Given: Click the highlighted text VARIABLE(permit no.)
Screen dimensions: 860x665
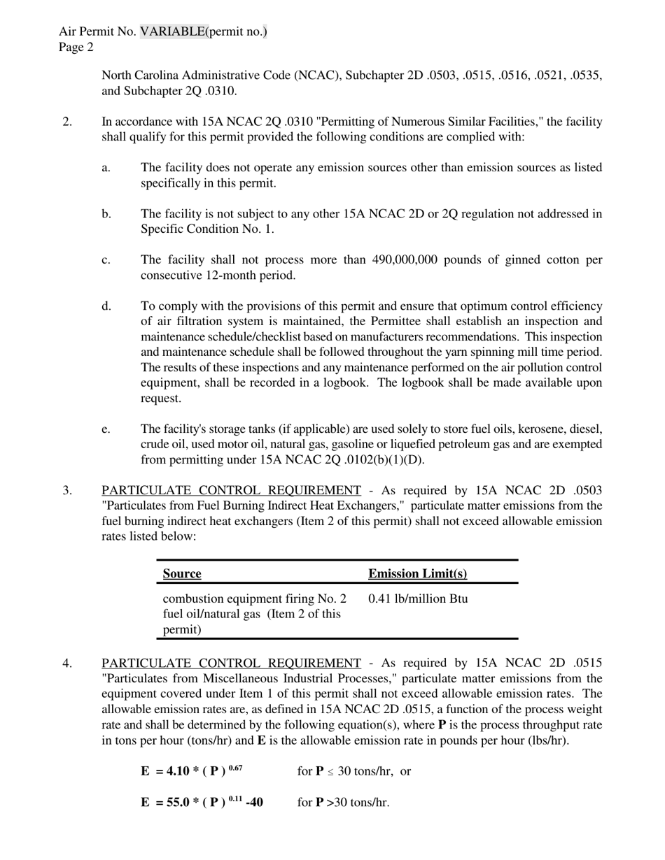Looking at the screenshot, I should pos(203,31).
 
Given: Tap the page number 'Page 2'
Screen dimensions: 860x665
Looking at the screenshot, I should pos(76,47).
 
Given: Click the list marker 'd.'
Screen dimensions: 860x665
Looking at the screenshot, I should pos(106,306).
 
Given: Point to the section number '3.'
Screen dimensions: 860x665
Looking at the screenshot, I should pos(67,490).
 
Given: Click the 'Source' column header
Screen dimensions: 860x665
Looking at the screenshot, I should pos(182,574).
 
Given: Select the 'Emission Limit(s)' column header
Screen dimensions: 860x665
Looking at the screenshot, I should pos(417,574).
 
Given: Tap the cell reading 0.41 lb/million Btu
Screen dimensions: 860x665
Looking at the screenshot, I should pos(418,599).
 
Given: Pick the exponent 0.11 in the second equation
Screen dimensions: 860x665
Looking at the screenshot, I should pos(236,798).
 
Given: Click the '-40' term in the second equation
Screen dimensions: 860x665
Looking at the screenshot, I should pos(254,802).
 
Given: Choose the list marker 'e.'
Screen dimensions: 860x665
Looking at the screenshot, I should pos(106,429).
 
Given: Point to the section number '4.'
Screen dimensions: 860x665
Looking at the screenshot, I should pos(67,663).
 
